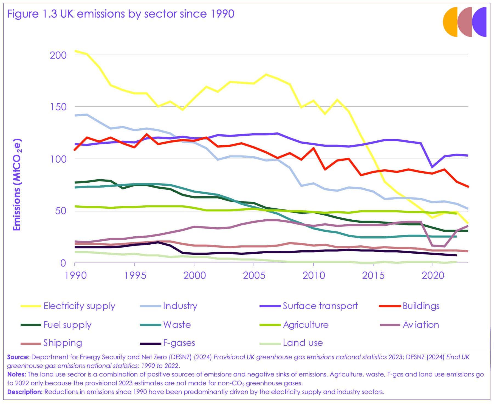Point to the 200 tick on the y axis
click(x=58, y=55)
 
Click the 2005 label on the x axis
click(x=254, y=275)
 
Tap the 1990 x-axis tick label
click(x=75, y=275)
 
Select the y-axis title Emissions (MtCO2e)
click(x=17, y=185)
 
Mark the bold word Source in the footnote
click(x=18, y=357)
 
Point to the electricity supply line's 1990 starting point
click(x=75, y=51)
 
